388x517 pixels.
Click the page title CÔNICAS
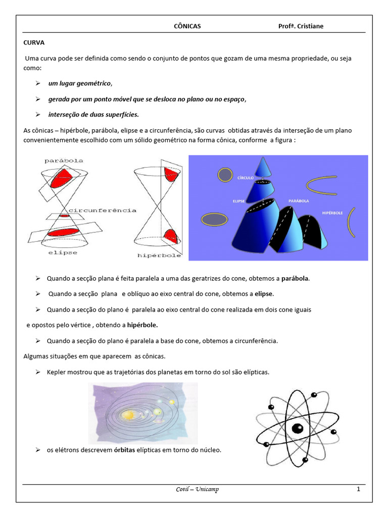point(187,26)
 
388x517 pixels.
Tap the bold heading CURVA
point(34,43)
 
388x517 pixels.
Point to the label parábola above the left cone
point(64,161)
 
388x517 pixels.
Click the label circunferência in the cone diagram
point(103,210)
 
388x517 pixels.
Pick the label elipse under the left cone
point(63,252)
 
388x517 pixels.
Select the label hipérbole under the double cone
point(159,255)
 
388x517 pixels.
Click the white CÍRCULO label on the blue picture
point(245,178)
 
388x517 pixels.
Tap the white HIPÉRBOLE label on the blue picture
point(332,213)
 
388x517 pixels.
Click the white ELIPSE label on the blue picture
point(239,201)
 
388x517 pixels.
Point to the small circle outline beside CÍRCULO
point(224,175)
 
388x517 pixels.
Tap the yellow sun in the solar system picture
point(128,415)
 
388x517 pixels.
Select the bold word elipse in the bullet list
point(264,294)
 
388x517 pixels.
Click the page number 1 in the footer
point(358,489)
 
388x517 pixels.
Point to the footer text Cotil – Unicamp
point(193,489)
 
